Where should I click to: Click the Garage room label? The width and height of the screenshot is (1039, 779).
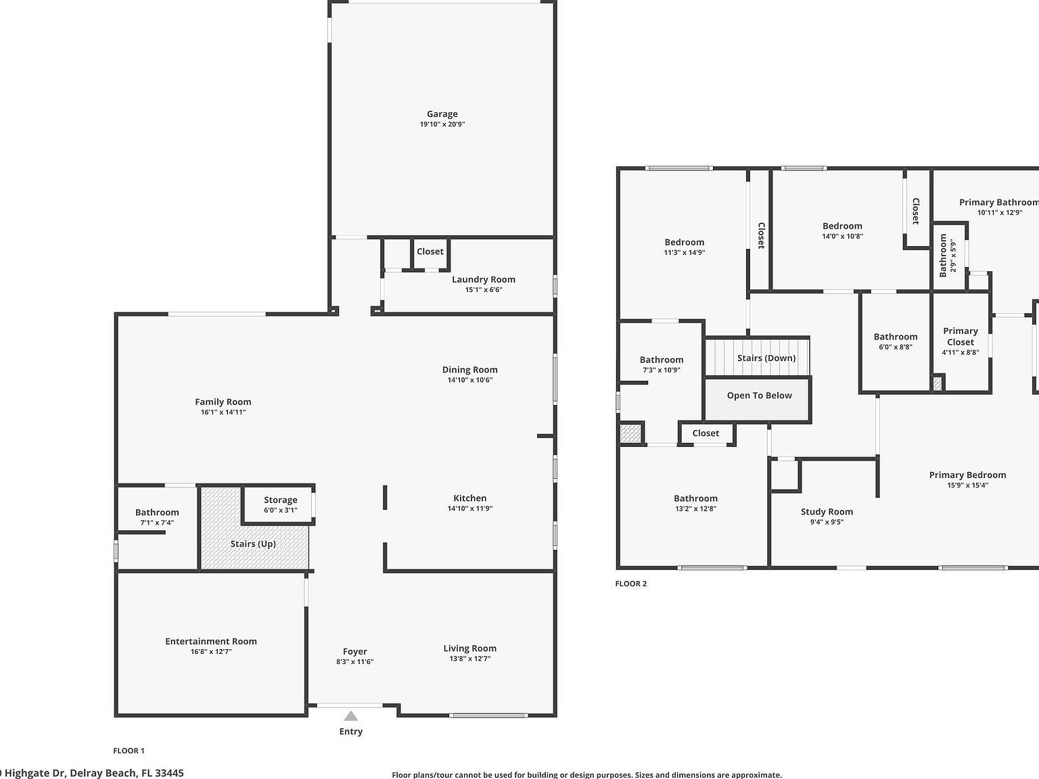coord(442,114)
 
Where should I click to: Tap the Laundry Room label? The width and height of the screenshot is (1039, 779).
coord(483,279)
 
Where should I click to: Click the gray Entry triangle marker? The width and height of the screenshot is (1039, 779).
coord(350,716)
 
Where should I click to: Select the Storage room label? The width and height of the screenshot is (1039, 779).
coord(280,500)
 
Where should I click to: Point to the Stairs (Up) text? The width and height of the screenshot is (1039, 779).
coord(253,544)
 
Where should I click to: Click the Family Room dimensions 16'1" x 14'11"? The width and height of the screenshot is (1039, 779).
coord(223,412)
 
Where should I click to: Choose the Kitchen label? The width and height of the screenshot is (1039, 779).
coord(469,498)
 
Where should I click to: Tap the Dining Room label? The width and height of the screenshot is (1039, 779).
coord(469,370)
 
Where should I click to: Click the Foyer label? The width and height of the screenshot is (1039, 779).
coord(354,652)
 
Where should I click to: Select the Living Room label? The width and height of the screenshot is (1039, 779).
coord(469,648)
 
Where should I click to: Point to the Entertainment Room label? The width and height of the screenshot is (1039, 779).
coord(211,641)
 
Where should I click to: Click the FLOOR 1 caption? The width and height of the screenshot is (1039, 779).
coord(129,751)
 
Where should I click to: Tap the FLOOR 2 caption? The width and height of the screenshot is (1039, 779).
coord(630,584)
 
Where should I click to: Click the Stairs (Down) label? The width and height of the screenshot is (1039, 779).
coord(766,358)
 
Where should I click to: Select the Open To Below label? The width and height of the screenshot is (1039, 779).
coord(759,396)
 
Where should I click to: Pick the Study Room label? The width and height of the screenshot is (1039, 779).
coord(827,512)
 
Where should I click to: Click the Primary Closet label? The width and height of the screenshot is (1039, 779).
coord(961,336)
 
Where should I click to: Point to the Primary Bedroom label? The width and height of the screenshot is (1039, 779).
coord(967,475)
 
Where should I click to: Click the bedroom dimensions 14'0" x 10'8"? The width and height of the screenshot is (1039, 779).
coord(842,236)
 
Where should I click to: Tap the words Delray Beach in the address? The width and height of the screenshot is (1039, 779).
coord(103,773)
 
